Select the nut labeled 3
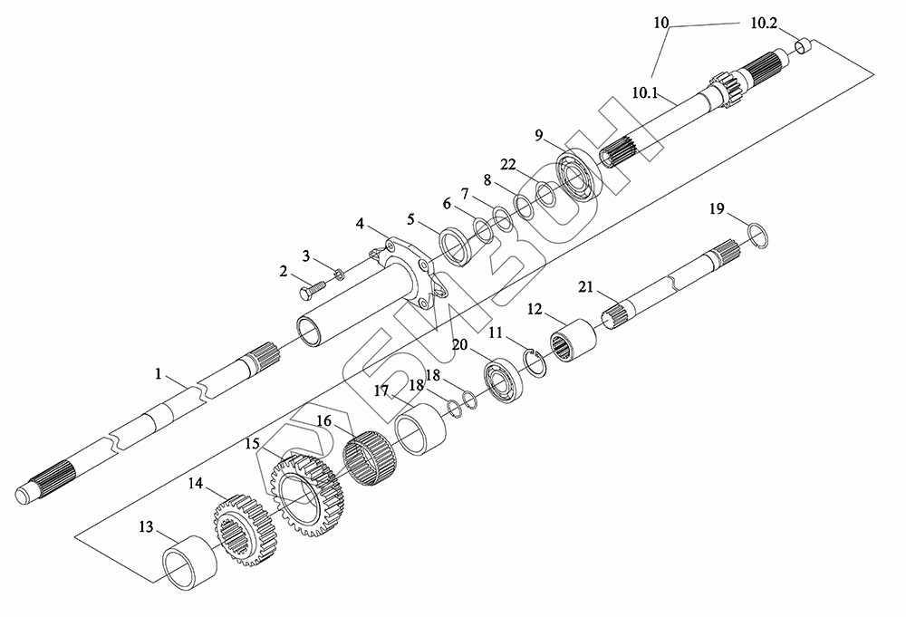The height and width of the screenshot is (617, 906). [x=336, y=273]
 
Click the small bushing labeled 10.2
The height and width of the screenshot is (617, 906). [x=804, y=47]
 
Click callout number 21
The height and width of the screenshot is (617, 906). [x=585, y=287]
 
